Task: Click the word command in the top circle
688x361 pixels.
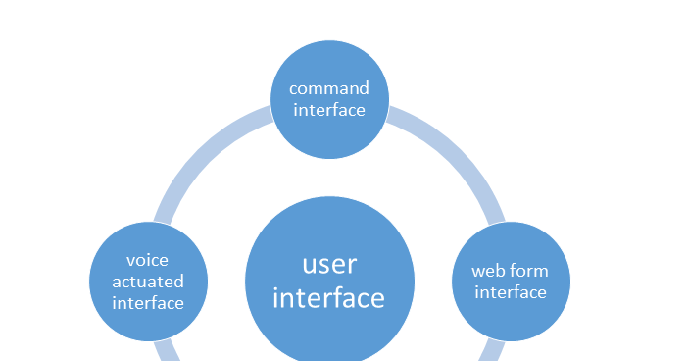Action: [x=328, y=88]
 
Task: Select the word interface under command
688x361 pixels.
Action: [x=328, y=110]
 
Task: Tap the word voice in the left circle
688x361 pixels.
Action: [x=147, y=260]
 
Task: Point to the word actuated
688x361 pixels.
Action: [x=147, y=282]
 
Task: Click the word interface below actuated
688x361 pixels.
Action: [x=147, y=303]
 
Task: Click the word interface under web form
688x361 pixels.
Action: [x=510, y=292]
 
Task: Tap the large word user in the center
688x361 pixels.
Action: [x=329, y=264]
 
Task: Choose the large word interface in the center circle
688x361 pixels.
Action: [x=329, y=297]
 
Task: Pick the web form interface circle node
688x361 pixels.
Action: [x=510, y=245]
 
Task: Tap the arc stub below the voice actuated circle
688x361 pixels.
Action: [x=165, y=350]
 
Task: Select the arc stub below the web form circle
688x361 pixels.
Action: [x=493, y=350]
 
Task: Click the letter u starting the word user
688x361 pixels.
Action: [x=310, y=265]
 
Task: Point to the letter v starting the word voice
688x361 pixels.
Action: [x=131, y=261]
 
